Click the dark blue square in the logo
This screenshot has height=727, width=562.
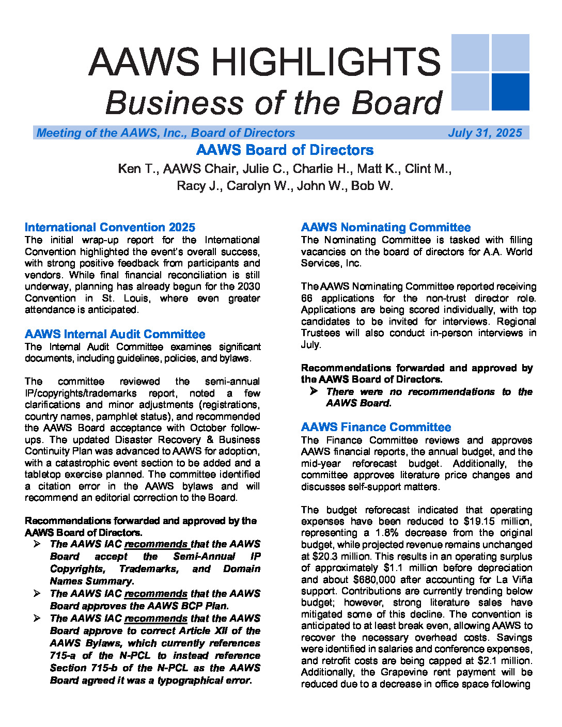click(x=510, y=91)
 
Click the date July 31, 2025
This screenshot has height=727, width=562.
click(x=485, y=133)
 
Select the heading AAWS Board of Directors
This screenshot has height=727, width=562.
click(x=285, y=150)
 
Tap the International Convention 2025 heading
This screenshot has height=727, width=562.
click(x=110, y=227)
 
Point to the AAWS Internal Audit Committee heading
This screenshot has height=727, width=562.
click(x=115, y=334)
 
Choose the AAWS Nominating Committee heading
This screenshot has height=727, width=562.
click(x=385, y=227)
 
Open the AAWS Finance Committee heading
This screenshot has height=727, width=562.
click(x=376, y=427)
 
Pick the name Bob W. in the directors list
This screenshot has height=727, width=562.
click(x=372, y=186)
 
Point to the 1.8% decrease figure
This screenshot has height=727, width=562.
click(x=385, y=533)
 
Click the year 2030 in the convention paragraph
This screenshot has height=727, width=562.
click(x=248, y=287)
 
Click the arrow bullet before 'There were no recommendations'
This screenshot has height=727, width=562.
click(x=314, y=391)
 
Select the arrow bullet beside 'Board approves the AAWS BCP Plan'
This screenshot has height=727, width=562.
click(x=37, y=594)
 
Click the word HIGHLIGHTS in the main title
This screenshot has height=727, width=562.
click(x=326, y=62)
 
